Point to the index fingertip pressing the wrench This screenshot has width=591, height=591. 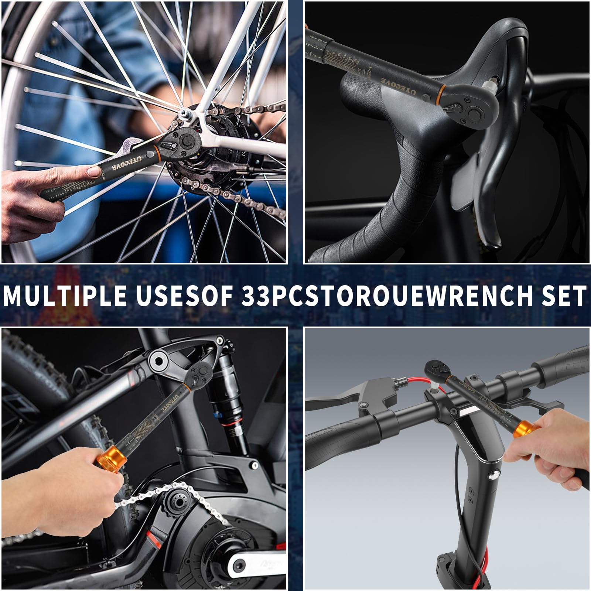point(93,171)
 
